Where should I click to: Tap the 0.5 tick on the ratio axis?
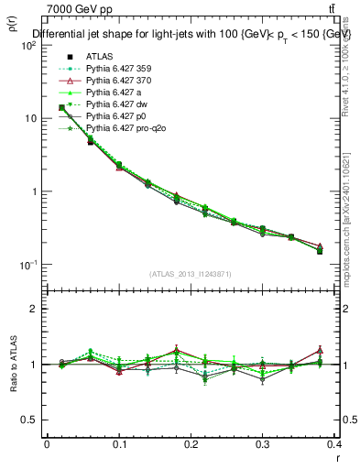pyautogui.click(x=28, y=420)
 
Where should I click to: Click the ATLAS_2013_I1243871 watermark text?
pyautogui.click(x=189, y=275)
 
